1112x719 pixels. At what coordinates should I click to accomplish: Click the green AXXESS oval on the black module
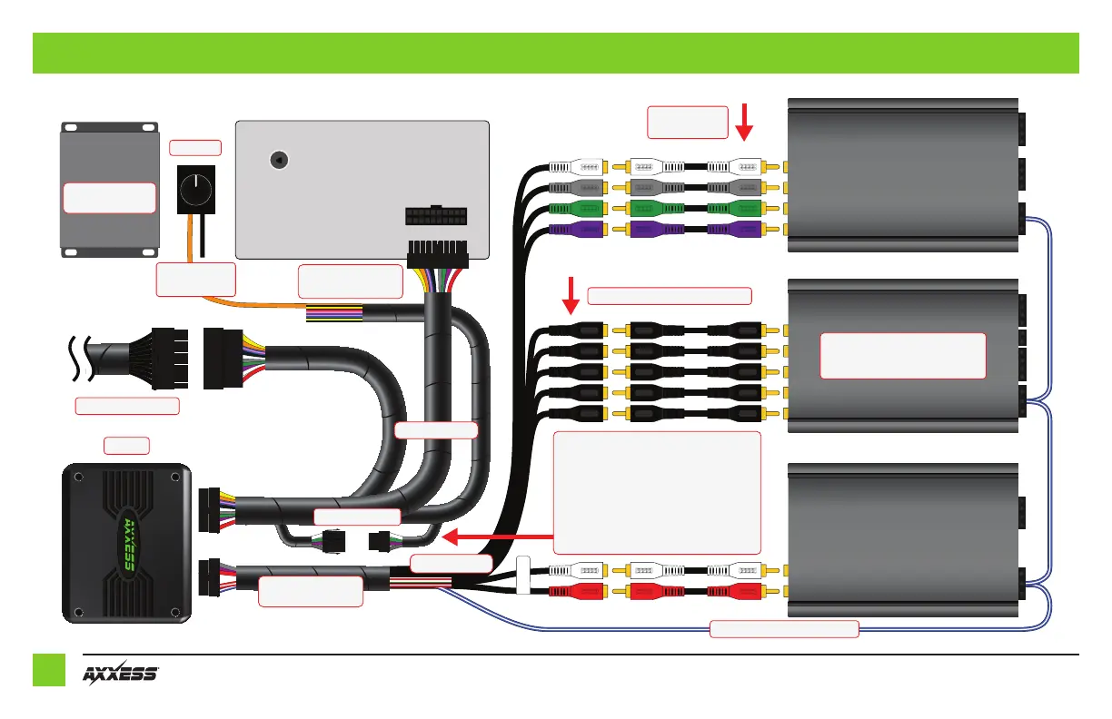[127, 544]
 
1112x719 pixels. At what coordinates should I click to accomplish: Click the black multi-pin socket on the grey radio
[435, 218]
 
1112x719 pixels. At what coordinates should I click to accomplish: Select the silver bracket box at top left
[108, 187]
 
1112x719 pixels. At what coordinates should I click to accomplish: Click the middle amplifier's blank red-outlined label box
[902, 355]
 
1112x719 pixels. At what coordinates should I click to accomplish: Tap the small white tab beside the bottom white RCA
[523, 576]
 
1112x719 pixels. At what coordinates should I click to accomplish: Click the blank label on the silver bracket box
[108, 197]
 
